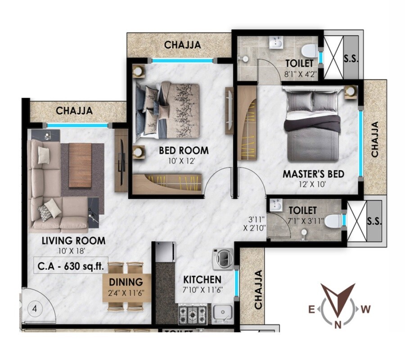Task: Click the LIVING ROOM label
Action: tap(73, 241)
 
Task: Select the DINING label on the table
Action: tap(126, 283)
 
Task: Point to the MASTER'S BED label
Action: tap(313, 174)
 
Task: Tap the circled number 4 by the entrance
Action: tap(35, 309)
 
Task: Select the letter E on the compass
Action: tap(311, 309)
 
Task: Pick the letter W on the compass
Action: tap(366, 309)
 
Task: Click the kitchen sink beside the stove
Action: tap(221, 312)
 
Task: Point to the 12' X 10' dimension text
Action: tap(314, 184)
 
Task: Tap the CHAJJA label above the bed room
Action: tap(182, 45)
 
